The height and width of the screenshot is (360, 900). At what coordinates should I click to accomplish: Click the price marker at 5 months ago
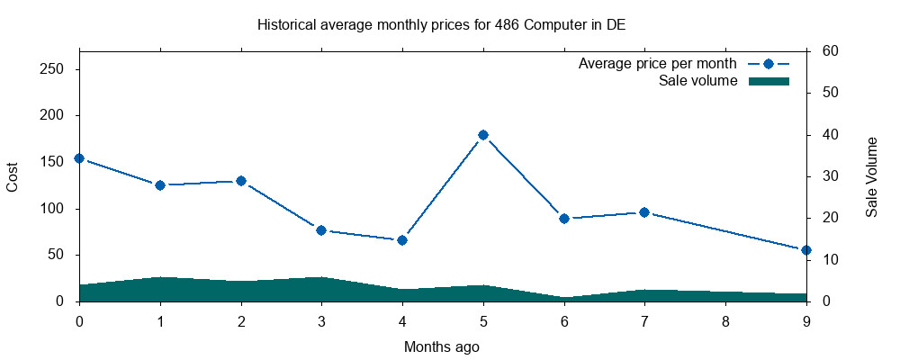tap(483, 135)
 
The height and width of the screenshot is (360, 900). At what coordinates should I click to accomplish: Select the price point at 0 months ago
tap(79, 158)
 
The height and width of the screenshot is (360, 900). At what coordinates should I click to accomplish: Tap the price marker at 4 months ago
tap(402, 240)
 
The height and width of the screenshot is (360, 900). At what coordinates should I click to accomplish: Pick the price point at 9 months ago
tap(806, 250)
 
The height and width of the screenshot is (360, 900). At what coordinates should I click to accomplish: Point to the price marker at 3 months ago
tap(321, 230)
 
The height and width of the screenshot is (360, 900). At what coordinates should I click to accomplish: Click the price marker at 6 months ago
tap(564, 219)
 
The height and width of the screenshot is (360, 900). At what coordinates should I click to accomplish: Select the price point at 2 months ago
tap(241, 181)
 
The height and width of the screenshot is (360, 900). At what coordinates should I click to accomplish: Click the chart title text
tap(441, 24)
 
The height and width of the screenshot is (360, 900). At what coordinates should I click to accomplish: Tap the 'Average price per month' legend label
tap(657, 64)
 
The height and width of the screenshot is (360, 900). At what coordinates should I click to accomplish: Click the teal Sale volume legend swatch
tap(769, 81)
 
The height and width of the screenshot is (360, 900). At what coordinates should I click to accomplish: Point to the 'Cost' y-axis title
tap(13, 176)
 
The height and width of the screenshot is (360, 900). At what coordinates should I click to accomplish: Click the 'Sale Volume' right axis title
tap(871, 176)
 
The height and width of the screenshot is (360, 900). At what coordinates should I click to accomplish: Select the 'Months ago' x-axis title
tap(441, 346)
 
